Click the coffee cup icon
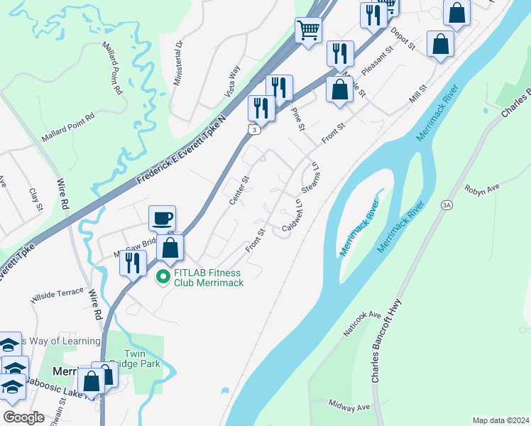coord(163,217)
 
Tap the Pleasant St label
coord(378,62)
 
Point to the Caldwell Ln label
coord(292,214)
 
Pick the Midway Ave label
coord(350,407)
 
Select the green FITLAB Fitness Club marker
coord(163,277)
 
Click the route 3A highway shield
coord(447,206)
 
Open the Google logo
coord(24,417)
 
